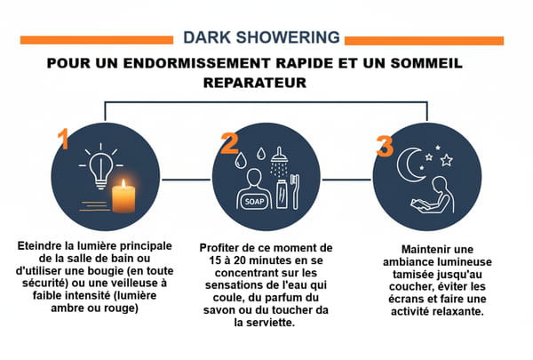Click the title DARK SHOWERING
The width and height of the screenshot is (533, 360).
261,37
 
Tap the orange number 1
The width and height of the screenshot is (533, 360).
64,139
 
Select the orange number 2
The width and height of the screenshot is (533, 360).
230,143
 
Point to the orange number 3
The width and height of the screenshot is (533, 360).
386,146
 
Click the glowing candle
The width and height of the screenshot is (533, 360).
123,196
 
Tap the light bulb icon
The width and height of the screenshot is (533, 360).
100,167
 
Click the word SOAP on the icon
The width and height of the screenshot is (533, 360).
254,202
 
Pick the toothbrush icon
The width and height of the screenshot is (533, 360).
296,191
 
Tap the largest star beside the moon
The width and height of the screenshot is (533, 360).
446,160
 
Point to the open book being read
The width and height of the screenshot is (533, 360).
421,205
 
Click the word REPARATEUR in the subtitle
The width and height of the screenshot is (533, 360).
255,83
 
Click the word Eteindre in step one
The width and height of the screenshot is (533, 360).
37,245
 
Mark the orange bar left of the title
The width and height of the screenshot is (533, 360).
97,40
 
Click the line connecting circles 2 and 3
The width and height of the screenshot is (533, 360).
346,180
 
